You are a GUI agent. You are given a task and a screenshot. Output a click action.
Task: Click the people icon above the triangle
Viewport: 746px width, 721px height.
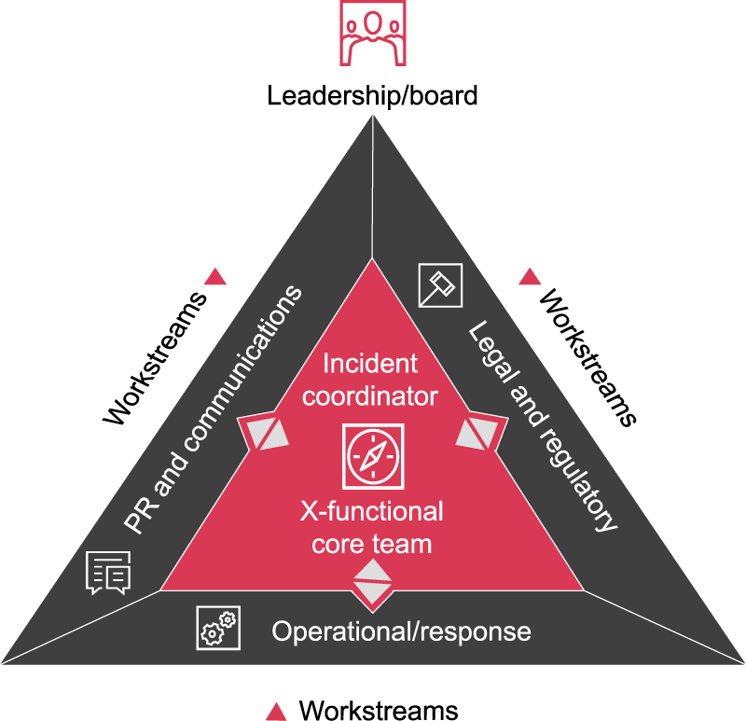point(372,33)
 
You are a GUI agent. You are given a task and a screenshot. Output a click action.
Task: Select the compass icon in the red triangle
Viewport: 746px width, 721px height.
point(372,457)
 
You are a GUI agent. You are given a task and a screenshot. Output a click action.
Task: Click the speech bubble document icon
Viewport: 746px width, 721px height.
point(108,572)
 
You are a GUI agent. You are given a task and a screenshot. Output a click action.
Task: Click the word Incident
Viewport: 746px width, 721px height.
point(370,363)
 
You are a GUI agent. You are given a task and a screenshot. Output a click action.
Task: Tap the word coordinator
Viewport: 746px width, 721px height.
point(370,395)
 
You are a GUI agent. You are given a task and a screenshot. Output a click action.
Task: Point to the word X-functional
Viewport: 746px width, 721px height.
point(371,511)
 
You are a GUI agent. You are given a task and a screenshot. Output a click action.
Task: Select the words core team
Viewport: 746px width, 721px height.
point(371,543)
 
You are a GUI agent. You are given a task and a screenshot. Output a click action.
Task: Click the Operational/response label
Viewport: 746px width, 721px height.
point(401,631)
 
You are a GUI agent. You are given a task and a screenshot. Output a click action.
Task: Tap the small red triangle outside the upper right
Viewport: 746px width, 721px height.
point(530,276)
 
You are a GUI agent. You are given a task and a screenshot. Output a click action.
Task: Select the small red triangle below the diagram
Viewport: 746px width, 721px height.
point(275,713)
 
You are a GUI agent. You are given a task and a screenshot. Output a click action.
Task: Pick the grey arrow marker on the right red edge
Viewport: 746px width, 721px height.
point(482,431)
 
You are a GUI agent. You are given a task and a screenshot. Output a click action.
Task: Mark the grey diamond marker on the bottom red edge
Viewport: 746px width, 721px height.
point(371,582)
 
